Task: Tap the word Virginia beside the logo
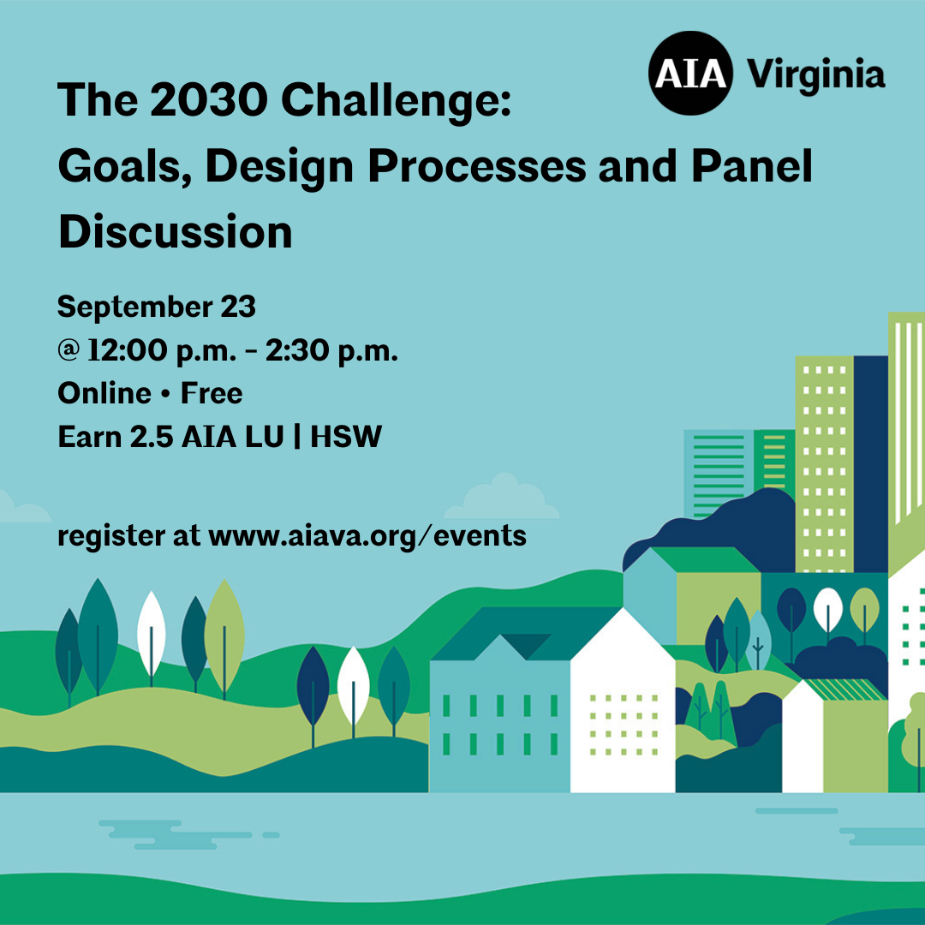click(x=816, y=74)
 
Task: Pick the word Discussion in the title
click(x=176, y=231)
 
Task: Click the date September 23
click(x=157, y=307)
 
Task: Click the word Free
click(x=212, y=393)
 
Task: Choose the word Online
click(x=104, y=393)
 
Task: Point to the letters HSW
click(x=346, y=437)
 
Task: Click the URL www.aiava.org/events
click(x=367, y=536)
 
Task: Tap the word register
click(x=110, y=538)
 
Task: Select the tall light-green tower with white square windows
click(x=824, y=462)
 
